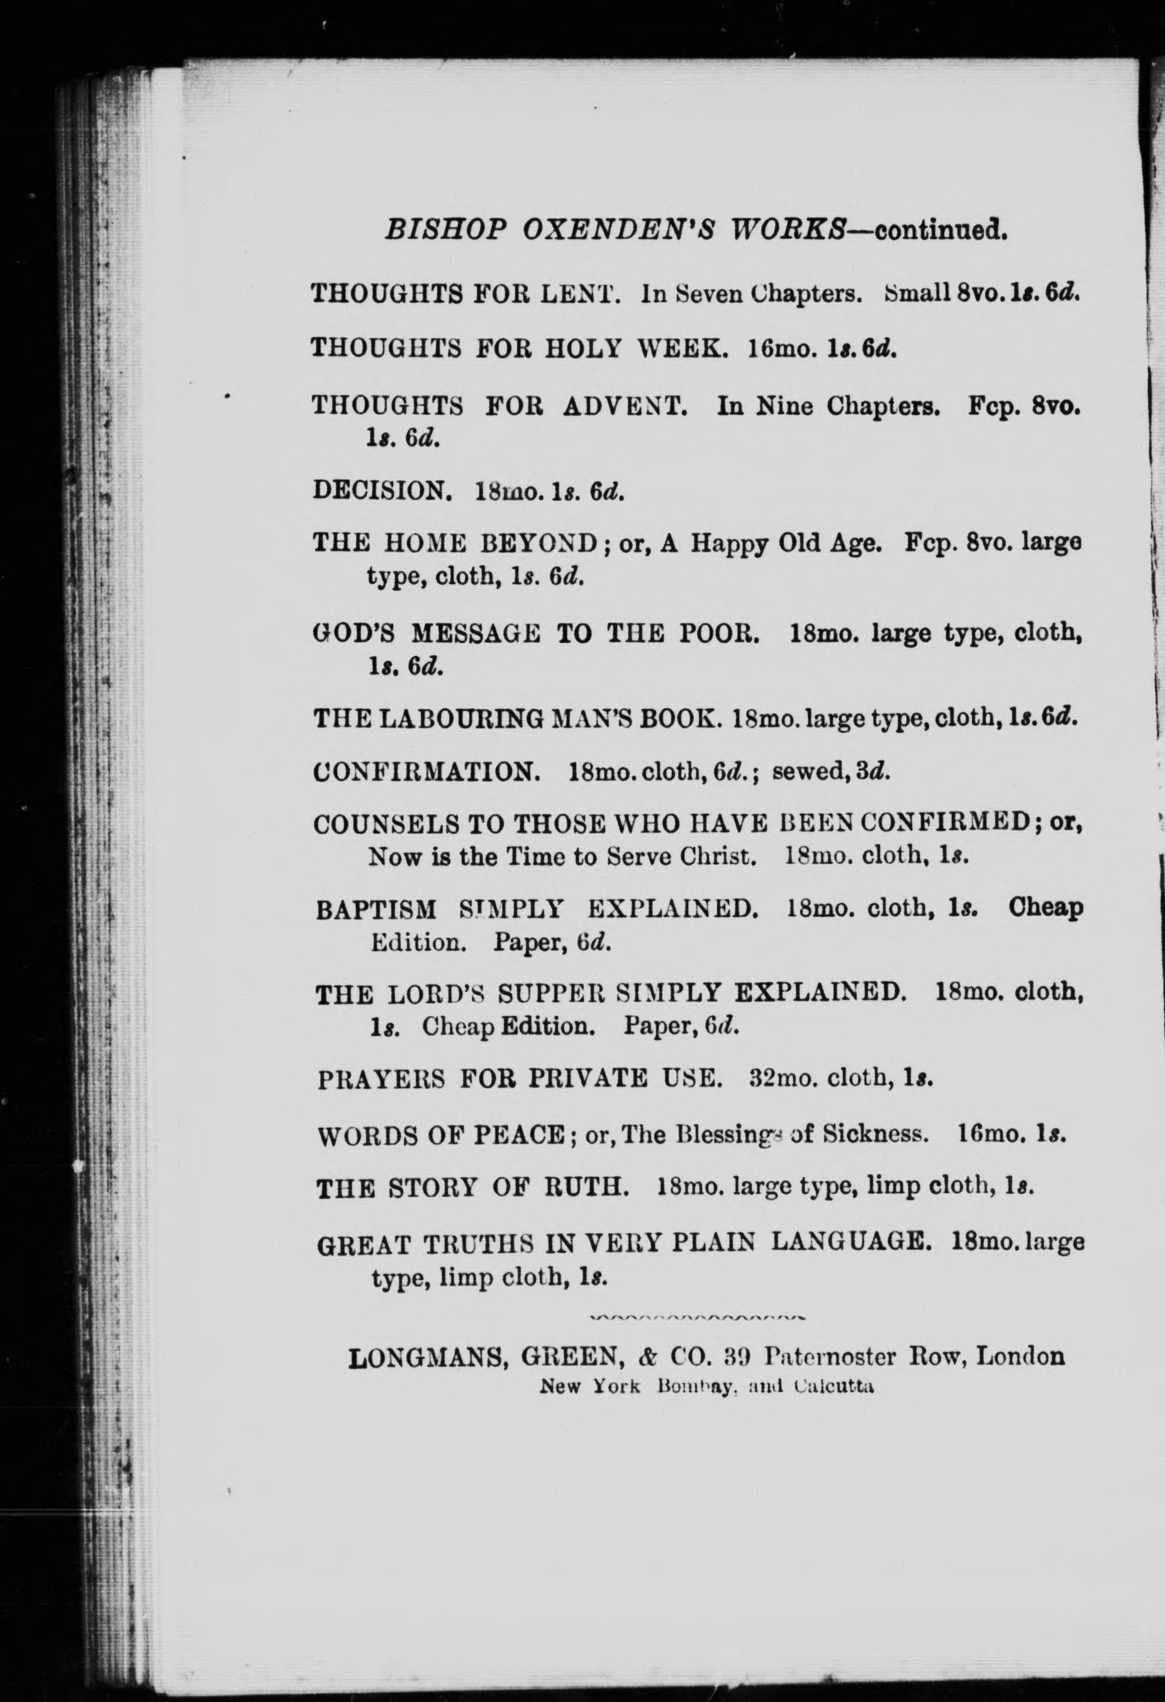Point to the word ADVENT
[x=625, y=405]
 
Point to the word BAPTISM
[x=376, y=909]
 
